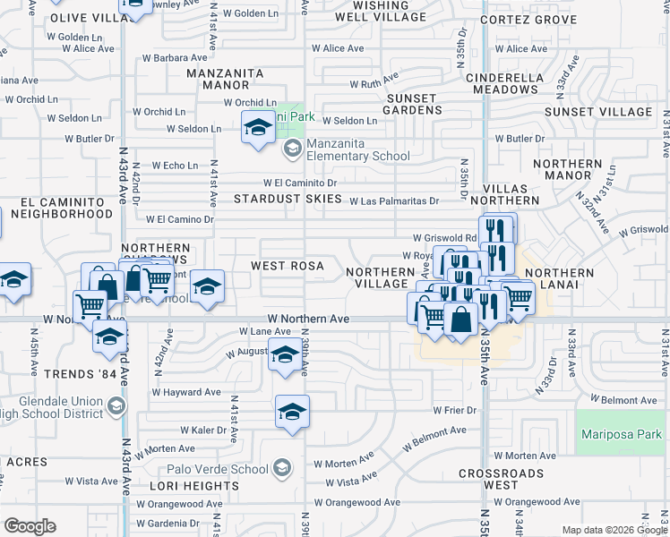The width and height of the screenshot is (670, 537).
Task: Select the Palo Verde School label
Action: pos(217,469)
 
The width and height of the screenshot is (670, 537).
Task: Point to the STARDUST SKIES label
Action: pos(288,198)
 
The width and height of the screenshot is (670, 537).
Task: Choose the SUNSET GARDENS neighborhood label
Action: pos(413,104)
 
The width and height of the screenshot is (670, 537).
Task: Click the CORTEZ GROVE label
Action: pos(528,19)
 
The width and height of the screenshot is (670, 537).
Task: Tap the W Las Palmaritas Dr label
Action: pos(394,201)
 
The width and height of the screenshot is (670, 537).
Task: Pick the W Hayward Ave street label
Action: pos(186,392)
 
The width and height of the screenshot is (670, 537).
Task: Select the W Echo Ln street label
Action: pos(175,166)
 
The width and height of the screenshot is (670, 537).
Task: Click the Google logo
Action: pos(30,526)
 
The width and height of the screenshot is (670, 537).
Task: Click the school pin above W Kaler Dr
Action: pos(292,412)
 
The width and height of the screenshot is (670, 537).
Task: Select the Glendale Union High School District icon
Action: pos(116,408)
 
